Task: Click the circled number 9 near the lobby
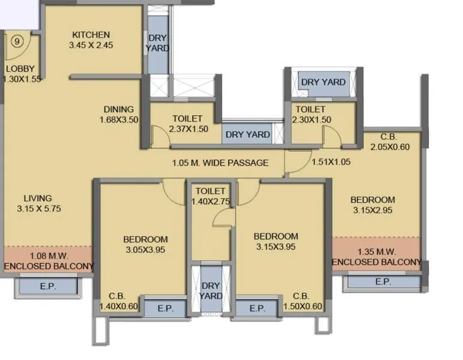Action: tap(17, 41)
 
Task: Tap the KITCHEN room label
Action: tap(91, 34)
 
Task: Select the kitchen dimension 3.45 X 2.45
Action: tap(91, 45)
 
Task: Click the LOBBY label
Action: tap(20, 68)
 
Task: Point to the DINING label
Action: tap(118, 109)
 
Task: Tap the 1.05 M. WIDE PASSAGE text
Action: tap(220, 163)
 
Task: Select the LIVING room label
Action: tap(38, 198)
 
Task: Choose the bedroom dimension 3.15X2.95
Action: tap(372, 211)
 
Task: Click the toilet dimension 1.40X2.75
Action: tap(210, 202)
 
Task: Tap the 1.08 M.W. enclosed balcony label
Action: tap(49, 261)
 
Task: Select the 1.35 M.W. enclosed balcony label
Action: tap(377, 257)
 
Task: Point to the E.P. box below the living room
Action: tap(48, 286)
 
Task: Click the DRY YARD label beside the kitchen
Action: tap(157, 43)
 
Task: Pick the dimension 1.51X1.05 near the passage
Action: tap(330, 162)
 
